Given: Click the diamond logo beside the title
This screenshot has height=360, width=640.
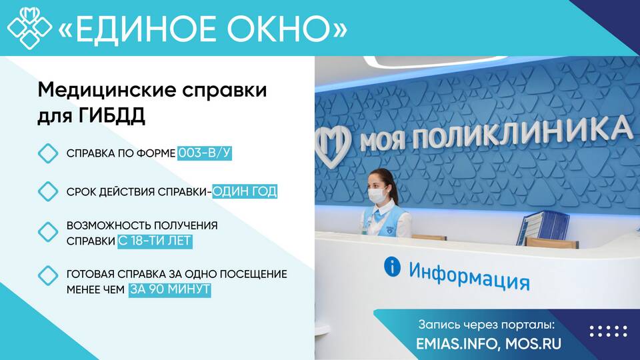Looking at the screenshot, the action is [30, 28].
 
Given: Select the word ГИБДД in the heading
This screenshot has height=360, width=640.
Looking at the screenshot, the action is [111, 115].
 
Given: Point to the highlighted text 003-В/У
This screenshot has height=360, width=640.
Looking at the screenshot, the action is [205, 153].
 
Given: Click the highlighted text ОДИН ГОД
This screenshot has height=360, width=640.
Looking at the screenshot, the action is [245, 191].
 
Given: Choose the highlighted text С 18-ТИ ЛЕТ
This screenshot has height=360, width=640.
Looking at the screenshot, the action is [155, 241].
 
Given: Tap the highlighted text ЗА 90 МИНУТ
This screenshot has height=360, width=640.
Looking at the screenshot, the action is [169, 289].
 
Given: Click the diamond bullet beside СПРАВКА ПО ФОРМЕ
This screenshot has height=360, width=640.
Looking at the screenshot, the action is [48, 153].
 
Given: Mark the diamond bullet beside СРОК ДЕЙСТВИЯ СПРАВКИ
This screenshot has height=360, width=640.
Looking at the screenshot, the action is [48, 191].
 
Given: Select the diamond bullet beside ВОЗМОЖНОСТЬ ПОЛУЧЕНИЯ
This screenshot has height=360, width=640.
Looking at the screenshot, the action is [48, 232].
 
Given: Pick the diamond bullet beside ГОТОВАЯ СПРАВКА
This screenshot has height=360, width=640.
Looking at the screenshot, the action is [48, 276].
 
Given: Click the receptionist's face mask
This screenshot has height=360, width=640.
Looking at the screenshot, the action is [377, 195].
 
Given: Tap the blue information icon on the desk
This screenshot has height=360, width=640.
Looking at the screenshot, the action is [392, 267].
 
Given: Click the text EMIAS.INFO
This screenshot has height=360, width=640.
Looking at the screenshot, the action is [457, 343].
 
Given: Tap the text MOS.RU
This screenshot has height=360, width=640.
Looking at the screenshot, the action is [533, 343].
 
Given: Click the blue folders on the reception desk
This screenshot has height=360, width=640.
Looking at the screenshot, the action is [543, 227].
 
